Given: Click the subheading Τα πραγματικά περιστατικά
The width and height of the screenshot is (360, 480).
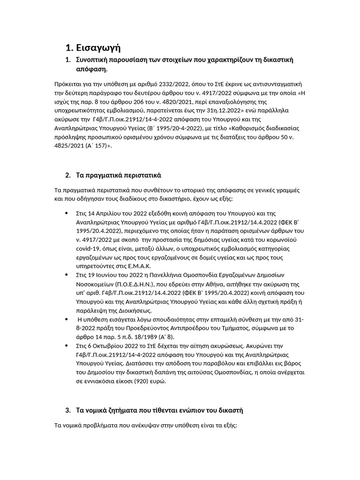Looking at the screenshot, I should point(119,175).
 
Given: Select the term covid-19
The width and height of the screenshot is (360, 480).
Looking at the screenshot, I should point(90,249).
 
